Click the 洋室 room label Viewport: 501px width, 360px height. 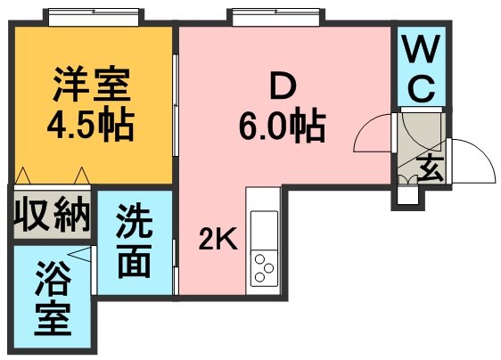[x=92, y=85]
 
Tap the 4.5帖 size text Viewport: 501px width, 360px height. [x=90, y=126]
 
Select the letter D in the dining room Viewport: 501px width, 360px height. [x=283, y=85]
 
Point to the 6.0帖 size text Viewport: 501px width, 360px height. [x=283, y=126]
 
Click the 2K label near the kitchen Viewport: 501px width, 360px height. [x=218, y=239]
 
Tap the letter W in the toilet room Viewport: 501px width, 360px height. [x=422, y=48]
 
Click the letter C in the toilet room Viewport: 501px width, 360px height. [x=422, y=88]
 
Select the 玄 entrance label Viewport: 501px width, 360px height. [x=430, y=168]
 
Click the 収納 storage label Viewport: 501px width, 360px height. [x=53, y=214]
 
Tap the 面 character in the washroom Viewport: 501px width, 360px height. [x=135, y=261]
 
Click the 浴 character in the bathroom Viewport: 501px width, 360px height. [x=53, y=278]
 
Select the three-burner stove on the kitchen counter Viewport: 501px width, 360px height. [x=264, y=268]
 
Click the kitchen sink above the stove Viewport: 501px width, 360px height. [x=264, y=230]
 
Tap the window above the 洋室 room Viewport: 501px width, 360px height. [x=94, y=17]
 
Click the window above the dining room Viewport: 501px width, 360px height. [x=276, y=17]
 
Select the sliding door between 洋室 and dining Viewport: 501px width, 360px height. [x=176, y=105]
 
